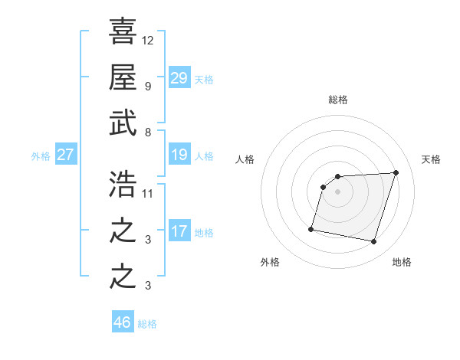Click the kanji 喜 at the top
(123, 31)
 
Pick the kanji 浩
(123, 185)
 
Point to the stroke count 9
(148, 85)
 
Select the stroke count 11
(148, 193)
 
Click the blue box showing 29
(179, 77)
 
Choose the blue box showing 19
(179, 155)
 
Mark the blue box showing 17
(179, 231)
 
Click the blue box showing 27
(66, 155)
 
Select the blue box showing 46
(123, 322)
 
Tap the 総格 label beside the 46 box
(147, 324)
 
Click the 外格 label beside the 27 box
(41, 156)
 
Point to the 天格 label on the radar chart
(431, 159)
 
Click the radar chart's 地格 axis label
(402, 262)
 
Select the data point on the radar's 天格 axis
(396, 172)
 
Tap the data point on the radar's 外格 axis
(311, 228)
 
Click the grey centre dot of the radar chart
(338, 191)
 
